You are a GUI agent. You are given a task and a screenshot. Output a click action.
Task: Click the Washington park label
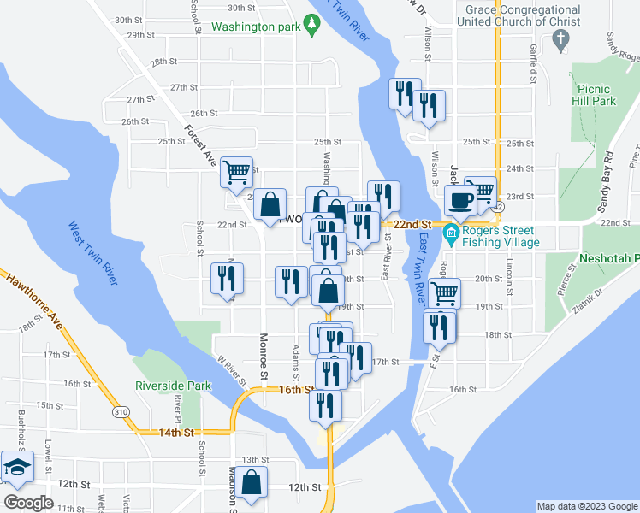click(254, 27)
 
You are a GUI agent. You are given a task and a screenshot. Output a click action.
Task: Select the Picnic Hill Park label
click(596, 94)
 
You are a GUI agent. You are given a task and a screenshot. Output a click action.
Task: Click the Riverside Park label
click(173, 386)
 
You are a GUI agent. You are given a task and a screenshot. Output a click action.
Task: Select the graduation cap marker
click(17, 467)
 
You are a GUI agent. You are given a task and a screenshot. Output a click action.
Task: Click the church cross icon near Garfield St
click(560, 38)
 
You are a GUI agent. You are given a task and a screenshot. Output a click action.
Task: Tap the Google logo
click(28, 503)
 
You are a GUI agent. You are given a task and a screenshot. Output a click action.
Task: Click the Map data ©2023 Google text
click(586, 507)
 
